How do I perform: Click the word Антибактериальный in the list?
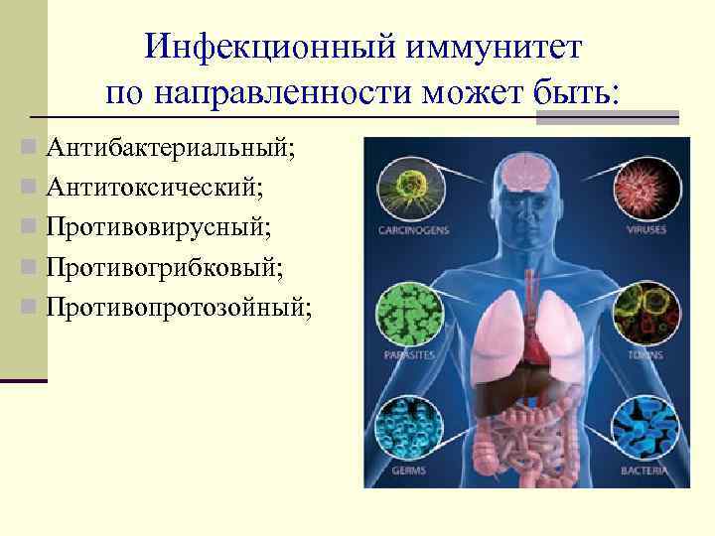click(x=170, y=149)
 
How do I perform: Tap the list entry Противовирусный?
click(x=158, y=227)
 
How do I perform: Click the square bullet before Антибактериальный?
click(x=35, y=150)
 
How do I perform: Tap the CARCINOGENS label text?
click(x=413, y=230)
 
